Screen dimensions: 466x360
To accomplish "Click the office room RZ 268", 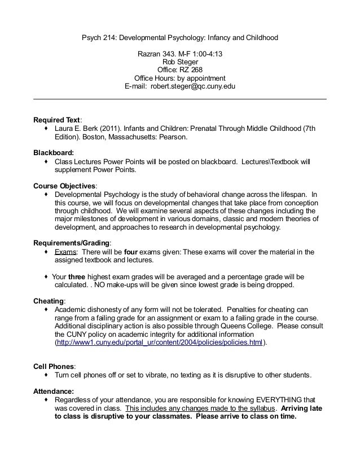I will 191,71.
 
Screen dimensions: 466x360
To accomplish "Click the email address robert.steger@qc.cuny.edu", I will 193,87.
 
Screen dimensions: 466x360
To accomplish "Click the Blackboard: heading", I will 54,153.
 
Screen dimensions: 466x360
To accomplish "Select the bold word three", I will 77,277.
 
